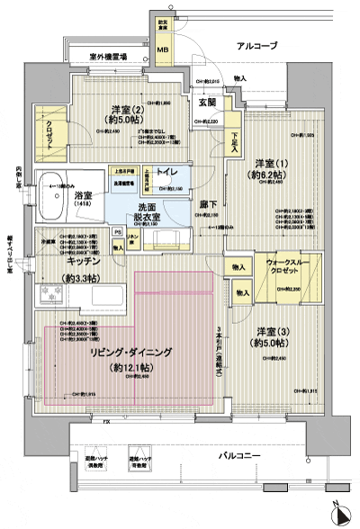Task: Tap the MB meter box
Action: click(163, 62)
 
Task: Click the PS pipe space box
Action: click(117, 231)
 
